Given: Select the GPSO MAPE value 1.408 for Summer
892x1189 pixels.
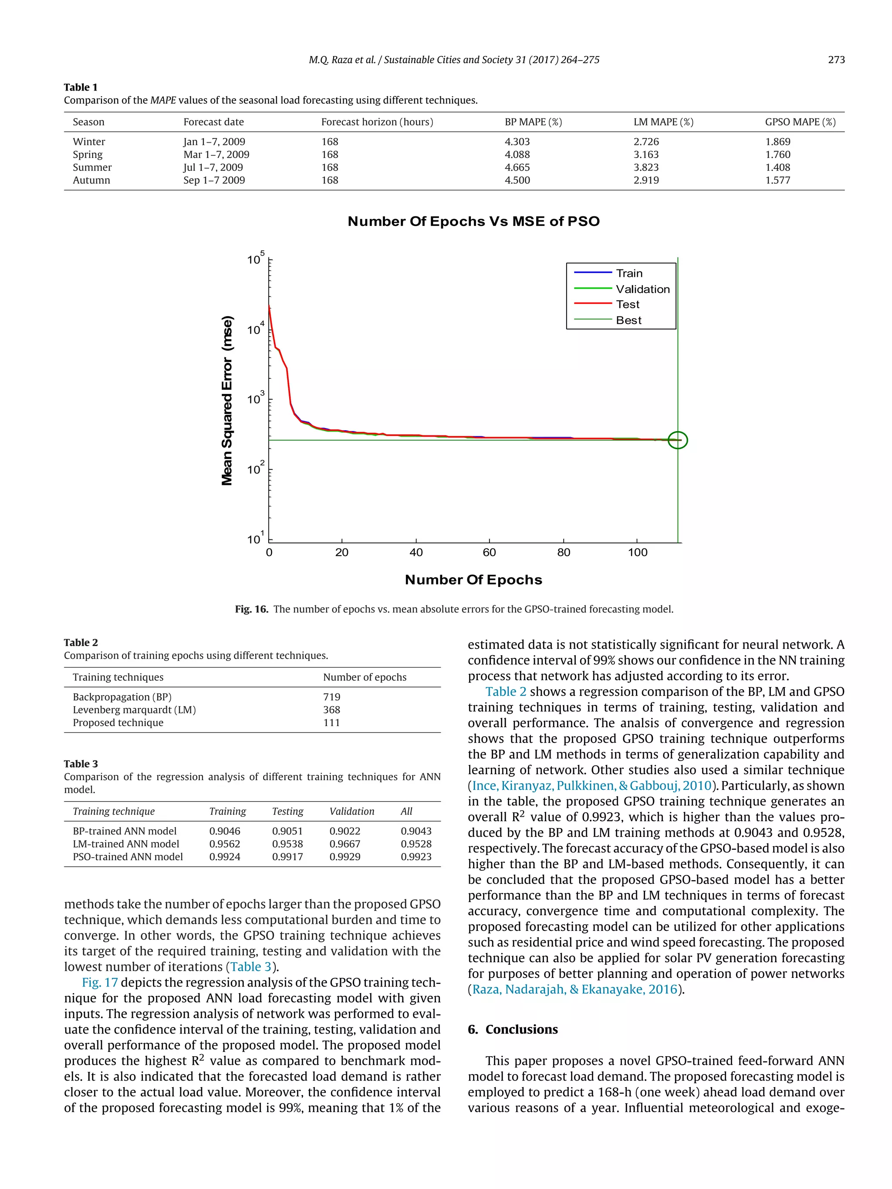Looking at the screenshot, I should point(777,167).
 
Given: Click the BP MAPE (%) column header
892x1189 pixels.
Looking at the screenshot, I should point(533,122).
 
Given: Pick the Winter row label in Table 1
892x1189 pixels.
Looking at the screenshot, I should point(89,141).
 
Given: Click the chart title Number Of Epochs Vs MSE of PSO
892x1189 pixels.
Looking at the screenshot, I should point(473,222).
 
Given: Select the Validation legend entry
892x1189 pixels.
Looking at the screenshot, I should point(642,289).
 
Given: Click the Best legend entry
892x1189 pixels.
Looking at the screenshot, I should point(628,320).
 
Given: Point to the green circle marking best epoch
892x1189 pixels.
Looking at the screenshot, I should point(677,440).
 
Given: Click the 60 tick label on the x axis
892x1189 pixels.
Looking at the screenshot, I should point(489,552).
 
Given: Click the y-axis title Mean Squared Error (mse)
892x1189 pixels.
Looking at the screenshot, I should point(227,401).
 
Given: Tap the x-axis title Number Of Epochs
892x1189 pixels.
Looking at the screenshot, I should point(473,580).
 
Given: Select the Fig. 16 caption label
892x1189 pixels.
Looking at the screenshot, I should point(251,609).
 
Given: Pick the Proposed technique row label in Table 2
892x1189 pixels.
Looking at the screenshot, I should point(118,722).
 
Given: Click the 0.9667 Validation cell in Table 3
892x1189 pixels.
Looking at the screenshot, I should point(345,844).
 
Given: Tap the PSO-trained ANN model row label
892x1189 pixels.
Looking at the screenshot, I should point(128,857).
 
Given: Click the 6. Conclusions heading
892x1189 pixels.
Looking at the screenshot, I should point(512,1029).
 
